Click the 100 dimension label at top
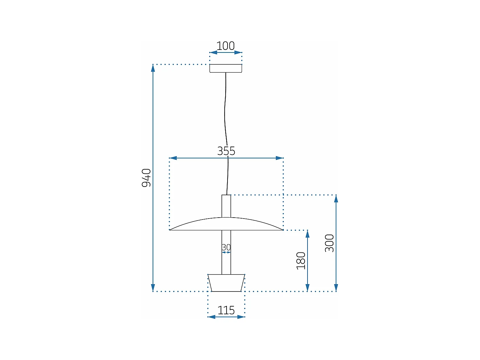coord(226,46)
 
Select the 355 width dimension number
coord(226,151)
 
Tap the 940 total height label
coord(146,178)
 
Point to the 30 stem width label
coord(226,247)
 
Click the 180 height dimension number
coord(301,260)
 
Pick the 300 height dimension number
coord(329,243)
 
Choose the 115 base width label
coord(226,310)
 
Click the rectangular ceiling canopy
coord(226,68)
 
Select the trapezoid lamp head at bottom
coord(226,283)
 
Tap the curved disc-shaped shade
coord(226,225)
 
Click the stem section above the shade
coord(226,206)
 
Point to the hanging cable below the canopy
coord(225,109)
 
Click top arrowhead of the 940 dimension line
coord(153,68)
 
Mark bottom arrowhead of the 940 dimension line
coord(153,288)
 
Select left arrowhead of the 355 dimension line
coord(173,158)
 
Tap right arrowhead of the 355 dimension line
coord(279,158)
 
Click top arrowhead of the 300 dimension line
coord(336,199)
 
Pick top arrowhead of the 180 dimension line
coord(308,234)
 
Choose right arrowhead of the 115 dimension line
coord(241,317)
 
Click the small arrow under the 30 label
coord(226,252)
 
